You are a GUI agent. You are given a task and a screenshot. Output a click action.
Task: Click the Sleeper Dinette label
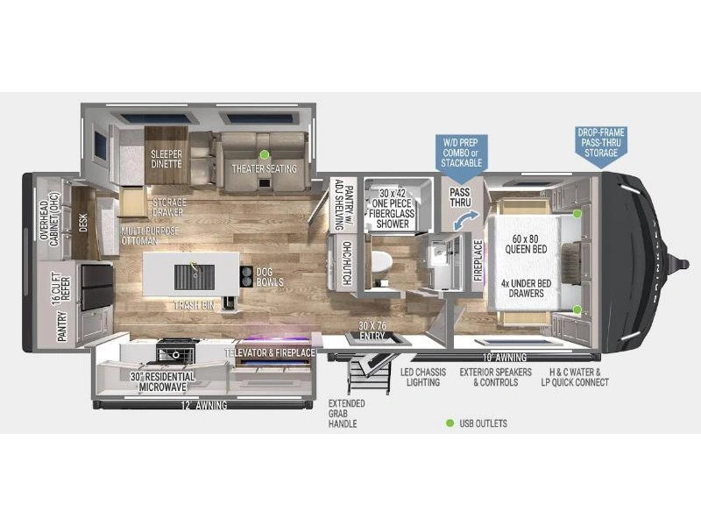(x=166, y=159)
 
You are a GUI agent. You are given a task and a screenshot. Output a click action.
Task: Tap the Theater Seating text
(x=265, y=168)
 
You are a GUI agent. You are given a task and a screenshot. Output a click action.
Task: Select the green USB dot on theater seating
(x=265, y=154)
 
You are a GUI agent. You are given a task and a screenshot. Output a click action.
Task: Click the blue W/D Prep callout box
(x=462, y=152)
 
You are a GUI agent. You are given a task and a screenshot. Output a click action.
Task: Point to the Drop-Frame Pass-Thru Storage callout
(x=601, y=146)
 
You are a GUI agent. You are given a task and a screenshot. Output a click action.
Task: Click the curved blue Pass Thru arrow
(x=466, y=220)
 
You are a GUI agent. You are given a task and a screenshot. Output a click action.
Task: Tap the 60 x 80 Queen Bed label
(x=526, y=244)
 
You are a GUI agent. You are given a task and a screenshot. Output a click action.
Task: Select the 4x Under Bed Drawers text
(x=527, y=288)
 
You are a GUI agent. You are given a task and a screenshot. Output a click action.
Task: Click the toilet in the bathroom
(x=381, y=261)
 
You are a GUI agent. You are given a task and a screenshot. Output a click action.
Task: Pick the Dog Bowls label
(x=270, y=277)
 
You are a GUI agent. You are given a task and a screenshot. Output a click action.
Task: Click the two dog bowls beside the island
(x=246, y=276)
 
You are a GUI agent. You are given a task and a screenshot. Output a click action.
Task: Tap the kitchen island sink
(x=194, y=277)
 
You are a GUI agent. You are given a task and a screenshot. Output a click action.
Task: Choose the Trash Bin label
(x=194, y=305)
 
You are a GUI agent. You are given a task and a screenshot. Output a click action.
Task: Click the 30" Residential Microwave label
(x=163, y=381)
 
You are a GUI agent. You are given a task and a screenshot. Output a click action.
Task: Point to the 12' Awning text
(x=204, y=405)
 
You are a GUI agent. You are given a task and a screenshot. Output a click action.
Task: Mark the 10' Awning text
(x=505, y=358)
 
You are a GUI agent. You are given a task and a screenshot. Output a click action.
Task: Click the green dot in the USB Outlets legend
(x=450, y=423)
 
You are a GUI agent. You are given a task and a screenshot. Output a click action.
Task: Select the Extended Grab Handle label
(x=346, y=413)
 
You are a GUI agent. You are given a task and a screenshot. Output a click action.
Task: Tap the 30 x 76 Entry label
(x=372, y=331)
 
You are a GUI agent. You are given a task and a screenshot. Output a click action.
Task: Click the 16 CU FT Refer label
(x=60, y=289)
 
